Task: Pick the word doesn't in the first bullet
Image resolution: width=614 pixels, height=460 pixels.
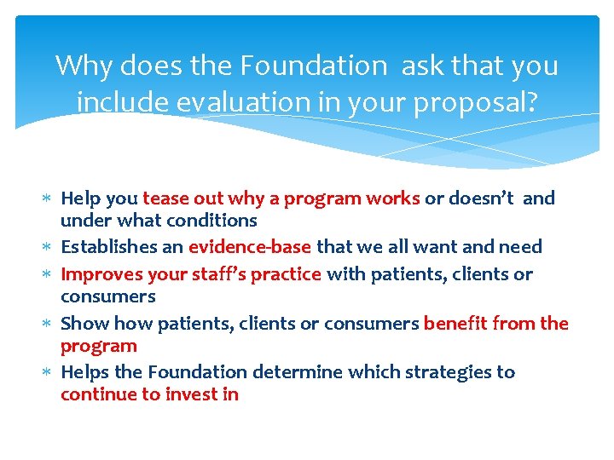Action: [481, 198]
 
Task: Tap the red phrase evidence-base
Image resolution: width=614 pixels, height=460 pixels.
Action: [250, 247]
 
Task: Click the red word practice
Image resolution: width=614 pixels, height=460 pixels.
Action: [290, 274]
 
